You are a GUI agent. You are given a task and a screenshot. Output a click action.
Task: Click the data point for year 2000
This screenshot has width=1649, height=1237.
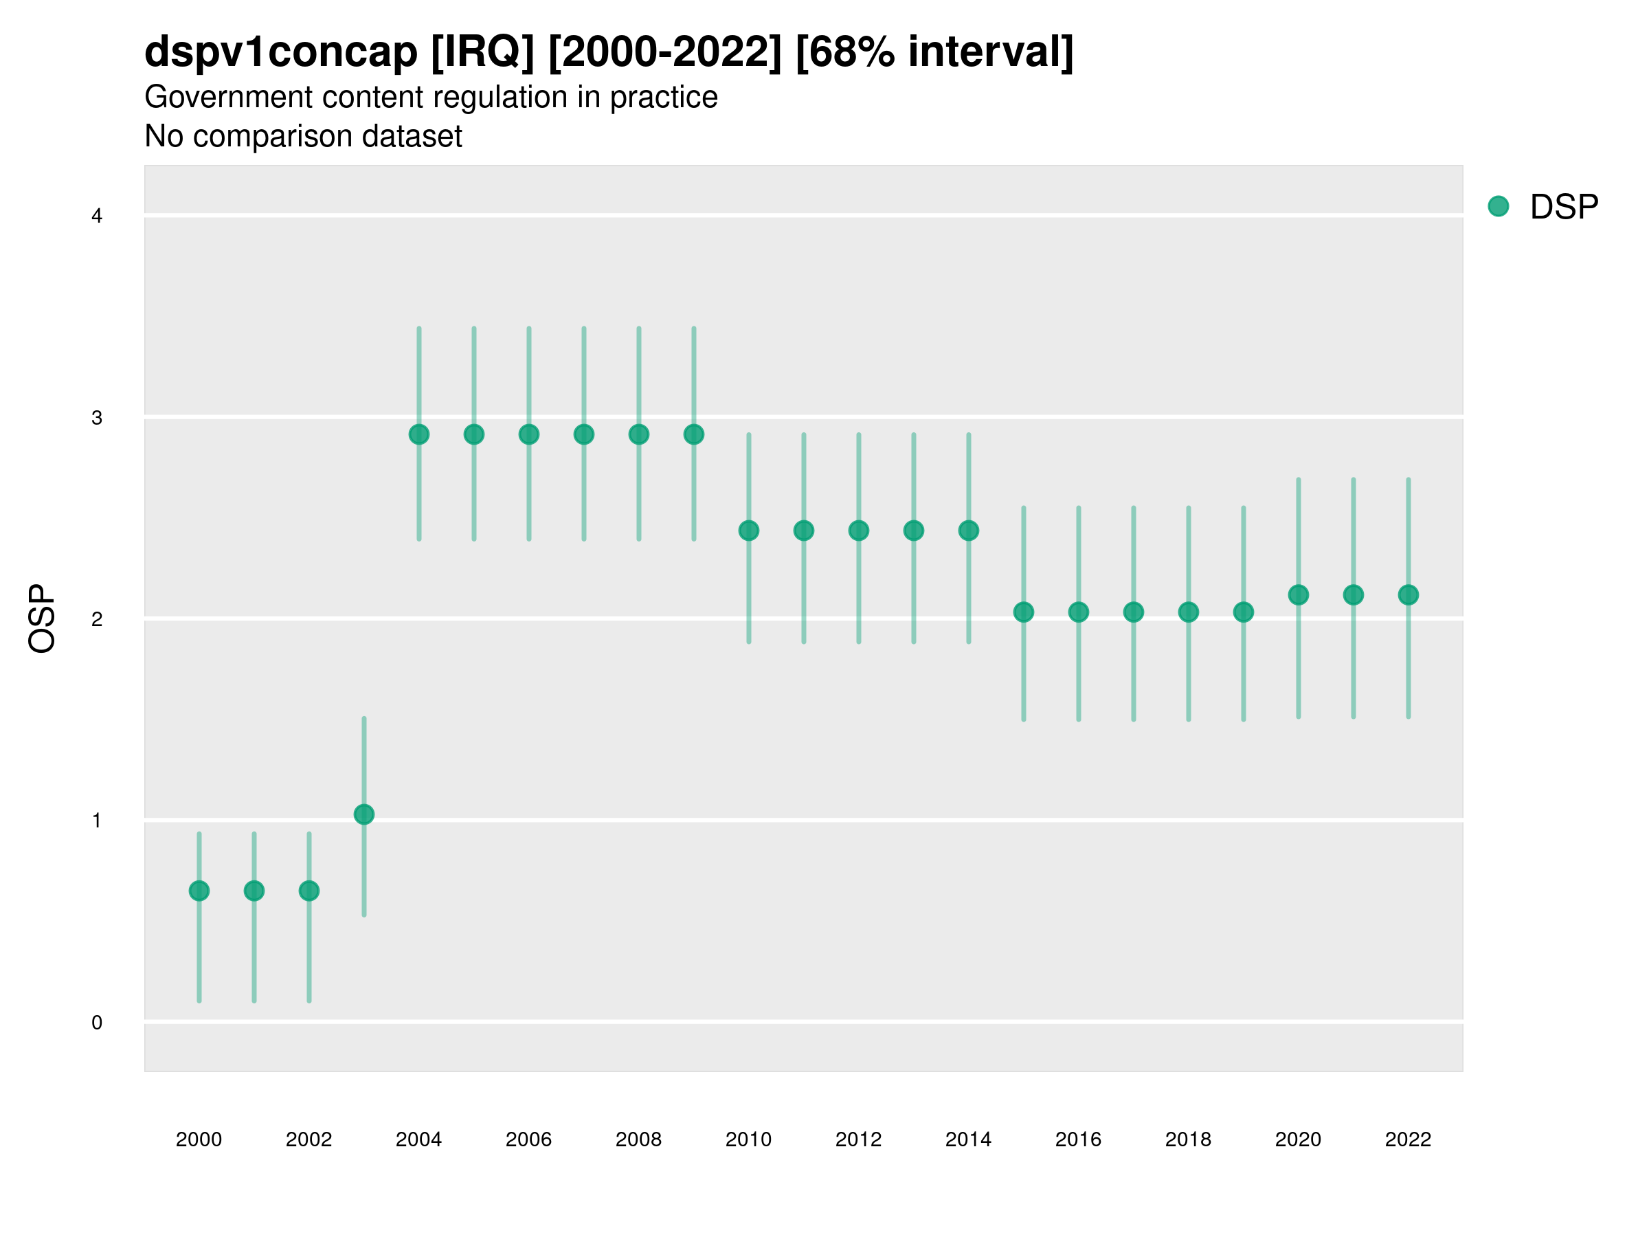coord(199,891)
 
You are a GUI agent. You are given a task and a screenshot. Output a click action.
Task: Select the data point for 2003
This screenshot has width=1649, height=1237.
coord(363,814)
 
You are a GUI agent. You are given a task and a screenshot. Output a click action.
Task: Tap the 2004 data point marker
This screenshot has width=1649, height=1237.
coord(419,435)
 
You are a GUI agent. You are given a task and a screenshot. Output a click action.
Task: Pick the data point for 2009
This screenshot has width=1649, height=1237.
coord(694,435)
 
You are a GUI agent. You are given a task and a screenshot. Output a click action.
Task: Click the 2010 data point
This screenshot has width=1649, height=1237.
coord(748,531)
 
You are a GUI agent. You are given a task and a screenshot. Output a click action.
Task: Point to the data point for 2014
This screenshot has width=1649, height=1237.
coord(968,531)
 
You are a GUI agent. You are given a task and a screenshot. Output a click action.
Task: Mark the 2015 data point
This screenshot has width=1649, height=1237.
coord(1024,612)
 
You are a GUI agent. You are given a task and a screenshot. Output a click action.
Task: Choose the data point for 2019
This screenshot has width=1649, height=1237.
coord(1244,612)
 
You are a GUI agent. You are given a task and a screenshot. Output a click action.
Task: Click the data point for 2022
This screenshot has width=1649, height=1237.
coord(1409,595)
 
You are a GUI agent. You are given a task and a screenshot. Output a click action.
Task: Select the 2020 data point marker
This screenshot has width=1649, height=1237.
coord(1299,595)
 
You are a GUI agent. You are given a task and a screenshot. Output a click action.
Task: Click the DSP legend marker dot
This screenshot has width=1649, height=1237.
coord(1499,207)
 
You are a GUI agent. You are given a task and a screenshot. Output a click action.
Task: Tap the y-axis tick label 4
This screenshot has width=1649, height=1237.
coord(97,216)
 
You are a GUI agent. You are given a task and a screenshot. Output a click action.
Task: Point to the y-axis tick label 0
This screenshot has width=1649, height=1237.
coord(97,1023)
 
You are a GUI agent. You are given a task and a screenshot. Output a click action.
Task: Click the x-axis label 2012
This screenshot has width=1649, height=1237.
coord(858,1140)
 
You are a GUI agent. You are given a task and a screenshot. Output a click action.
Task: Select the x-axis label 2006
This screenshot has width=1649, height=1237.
coord(528,1140)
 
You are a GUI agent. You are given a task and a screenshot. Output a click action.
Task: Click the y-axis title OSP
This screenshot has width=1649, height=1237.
coord(42,619)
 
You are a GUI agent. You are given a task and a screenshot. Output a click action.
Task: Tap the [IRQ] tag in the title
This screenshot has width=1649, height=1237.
coord(482,52)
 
